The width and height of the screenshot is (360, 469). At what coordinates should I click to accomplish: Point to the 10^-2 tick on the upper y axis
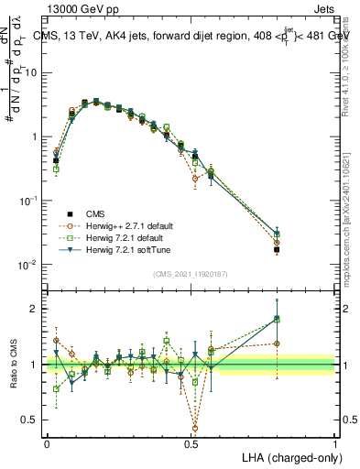click(x=31, y=265)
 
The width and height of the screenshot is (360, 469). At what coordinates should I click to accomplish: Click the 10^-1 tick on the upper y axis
click(x=31, y=201)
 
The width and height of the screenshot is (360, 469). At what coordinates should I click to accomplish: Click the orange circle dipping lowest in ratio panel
click(x=196, y=427)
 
